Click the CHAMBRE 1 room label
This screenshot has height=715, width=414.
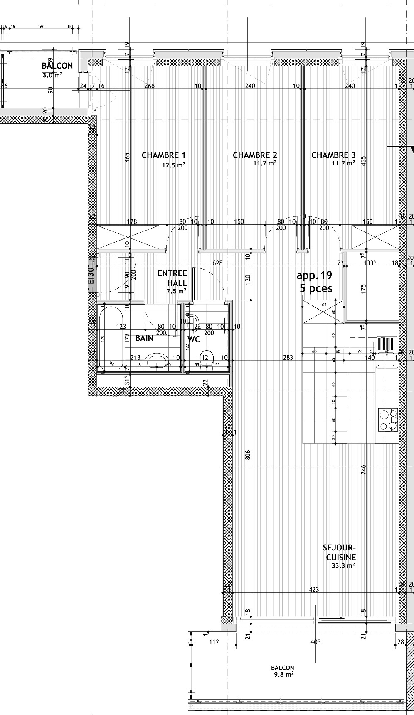(x=163, y=155)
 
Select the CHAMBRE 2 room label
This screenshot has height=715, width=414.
(x=255, y=155)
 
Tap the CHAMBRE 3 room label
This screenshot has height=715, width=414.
(x=333, y=155)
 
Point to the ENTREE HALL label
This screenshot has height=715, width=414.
(x=172, y=278)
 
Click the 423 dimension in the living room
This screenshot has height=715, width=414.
(x=314, y=589)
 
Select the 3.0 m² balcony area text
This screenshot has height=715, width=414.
(x=52, y=75)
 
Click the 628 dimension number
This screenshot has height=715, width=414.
(x=217, y=263)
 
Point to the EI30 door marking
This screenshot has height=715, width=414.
(x=91, y=275)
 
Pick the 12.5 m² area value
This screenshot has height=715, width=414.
(x=173, y=165)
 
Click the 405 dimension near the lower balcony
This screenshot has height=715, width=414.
(x=315, y=642)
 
